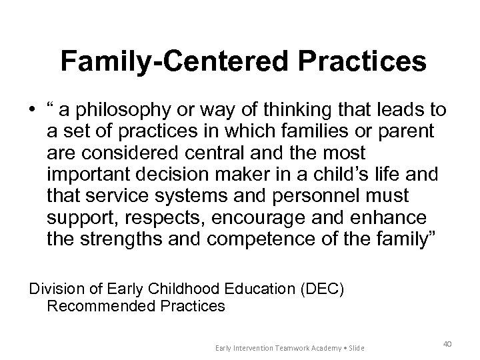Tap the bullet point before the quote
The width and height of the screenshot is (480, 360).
(x=33, y=110)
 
